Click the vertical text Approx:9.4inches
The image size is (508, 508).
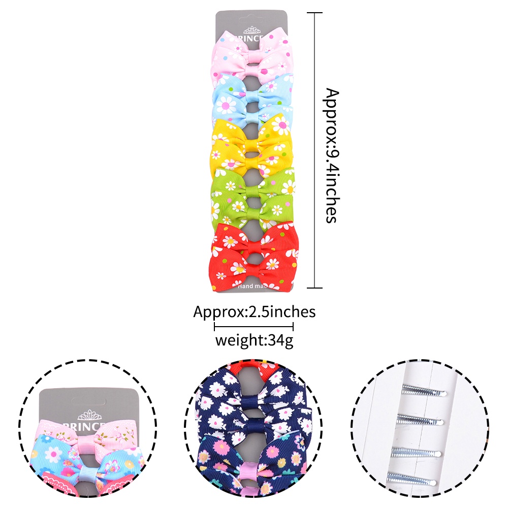click(331, 155)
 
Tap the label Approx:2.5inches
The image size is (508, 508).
click(254, 311)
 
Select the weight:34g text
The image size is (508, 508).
click(254, 340)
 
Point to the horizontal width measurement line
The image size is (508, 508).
click(254, 327)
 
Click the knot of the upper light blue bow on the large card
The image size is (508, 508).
click(253, 91)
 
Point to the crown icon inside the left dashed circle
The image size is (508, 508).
click(89, 412)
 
